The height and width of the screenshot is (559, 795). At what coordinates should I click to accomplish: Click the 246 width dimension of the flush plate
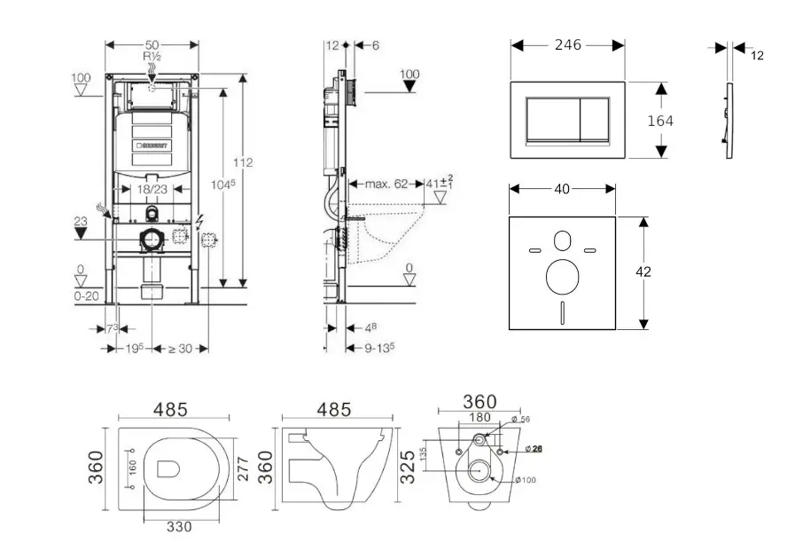(568, 44)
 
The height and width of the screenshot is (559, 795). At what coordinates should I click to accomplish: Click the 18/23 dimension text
(152, 189)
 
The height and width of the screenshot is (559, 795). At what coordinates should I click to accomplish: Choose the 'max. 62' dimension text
(386, 184)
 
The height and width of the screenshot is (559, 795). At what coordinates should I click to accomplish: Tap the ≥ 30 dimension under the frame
(180, 349)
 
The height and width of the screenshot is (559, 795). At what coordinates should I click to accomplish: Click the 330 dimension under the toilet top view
(180, 526)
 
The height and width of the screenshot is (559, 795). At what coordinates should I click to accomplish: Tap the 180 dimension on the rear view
(479, 418)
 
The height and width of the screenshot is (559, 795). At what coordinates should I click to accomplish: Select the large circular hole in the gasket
(563, 278)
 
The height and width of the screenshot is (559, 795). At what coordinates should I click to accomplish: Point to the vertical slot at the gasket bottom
(563, 313)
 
